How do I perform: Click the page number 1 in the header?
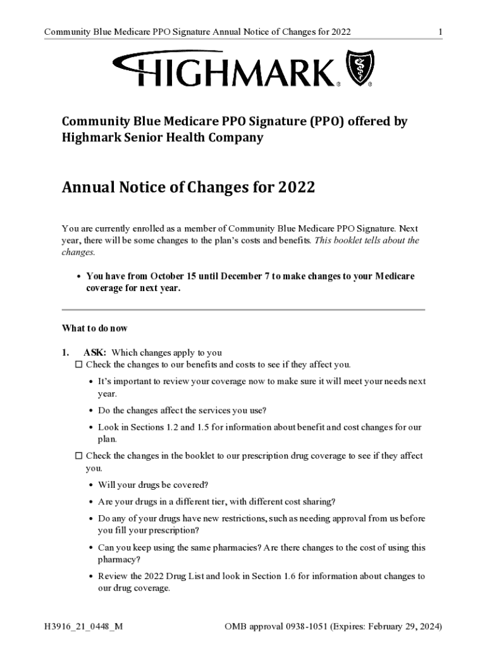440,32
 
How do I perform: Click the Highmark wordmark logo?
225,70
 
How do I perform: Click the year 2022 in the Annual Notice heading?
294,188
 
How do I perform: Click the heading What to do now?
94,328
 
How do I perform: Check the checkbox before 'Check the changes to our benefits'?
79,365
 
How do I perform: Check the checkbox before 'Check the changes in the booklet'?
79,456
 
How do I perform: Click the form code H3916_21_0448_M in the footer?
80,626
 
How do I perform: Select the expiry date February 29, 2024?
400,626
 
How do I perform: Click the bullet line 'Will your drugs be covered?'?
153,485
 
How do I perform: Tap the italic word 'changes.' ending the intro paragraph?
78,252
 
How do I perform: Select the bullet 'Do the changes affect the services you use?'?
182,411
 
